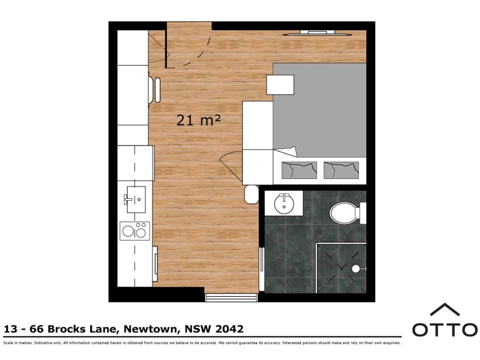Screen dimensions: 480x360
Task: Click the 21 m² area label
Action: point(198,120)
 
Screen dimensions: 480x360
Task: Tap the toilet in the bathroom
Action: point(347,213)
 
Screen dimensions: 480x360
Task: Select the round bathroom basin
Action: point(284,204)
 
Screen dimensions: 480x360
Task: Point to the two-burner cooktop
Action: point(135,231)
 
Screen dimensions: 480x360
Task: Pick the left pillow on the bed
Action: point(299,170)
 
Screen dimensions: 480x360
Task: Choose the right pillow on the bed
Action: point(341,170)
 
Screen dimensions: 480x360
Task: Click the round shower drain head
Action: point(355,268)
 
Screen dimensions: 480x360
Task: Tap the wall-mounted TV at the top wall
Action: point(317,33)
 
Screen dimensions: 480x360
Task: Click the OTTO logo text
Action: point(445,330)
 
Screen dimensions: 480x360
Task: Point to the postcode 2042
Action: point(229,329)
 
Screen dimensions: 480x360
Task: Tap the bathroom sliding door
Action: point(262,269)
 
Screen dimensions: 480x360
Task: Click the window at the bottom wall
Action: point(231,298)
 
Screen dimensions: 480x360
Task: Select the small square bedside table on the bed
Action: point(280,85)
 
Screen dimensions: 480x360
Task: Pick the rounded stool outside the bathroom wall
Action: point(251,194)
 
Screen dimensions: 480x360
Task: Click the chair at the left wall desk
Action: point(154,90)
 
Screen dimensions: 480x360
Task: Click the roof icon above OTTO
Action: point(445,310)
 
